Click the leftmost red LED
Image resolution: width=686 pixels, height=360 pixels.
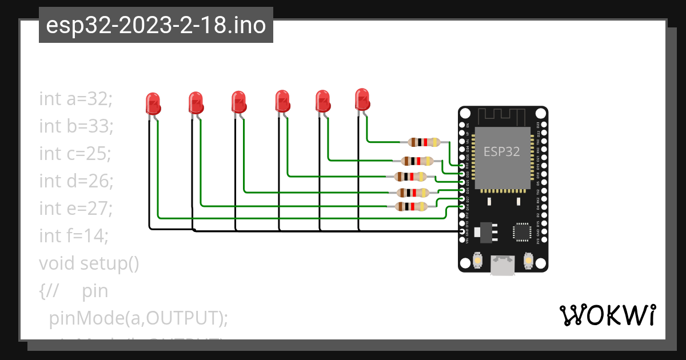pos(153,103)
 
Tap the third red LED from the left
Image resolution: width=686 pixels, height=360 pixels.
pos(238,102)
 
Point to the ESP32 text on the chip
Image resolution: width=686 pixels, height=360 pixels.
pos(501,151)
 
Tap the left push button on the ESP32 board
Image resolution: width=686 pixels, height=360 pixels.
pos(477,261)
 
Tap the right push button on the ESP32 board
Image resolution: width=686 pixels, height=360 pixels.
pos(528,261)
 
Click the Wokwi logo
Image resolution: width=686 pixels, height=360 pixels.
pos(607,315)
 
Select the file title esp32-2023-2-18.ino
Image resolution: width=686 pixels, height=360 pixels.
pos(155,25)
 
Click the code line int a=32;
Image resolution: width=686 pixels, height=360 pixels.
pos(76,99)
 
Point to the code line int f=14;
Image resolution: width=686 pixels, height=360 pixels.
pos(74,235)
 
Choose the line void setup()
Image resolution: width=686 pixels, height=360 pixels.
pos(89,263)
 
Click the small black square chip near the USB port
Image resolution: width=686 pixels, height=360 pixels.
pos(521,231)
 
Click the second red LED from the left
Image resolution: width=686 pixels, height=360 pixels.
pos(196,103)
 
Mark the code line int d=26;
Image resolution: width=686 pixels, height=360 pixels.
pos(77,181)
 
